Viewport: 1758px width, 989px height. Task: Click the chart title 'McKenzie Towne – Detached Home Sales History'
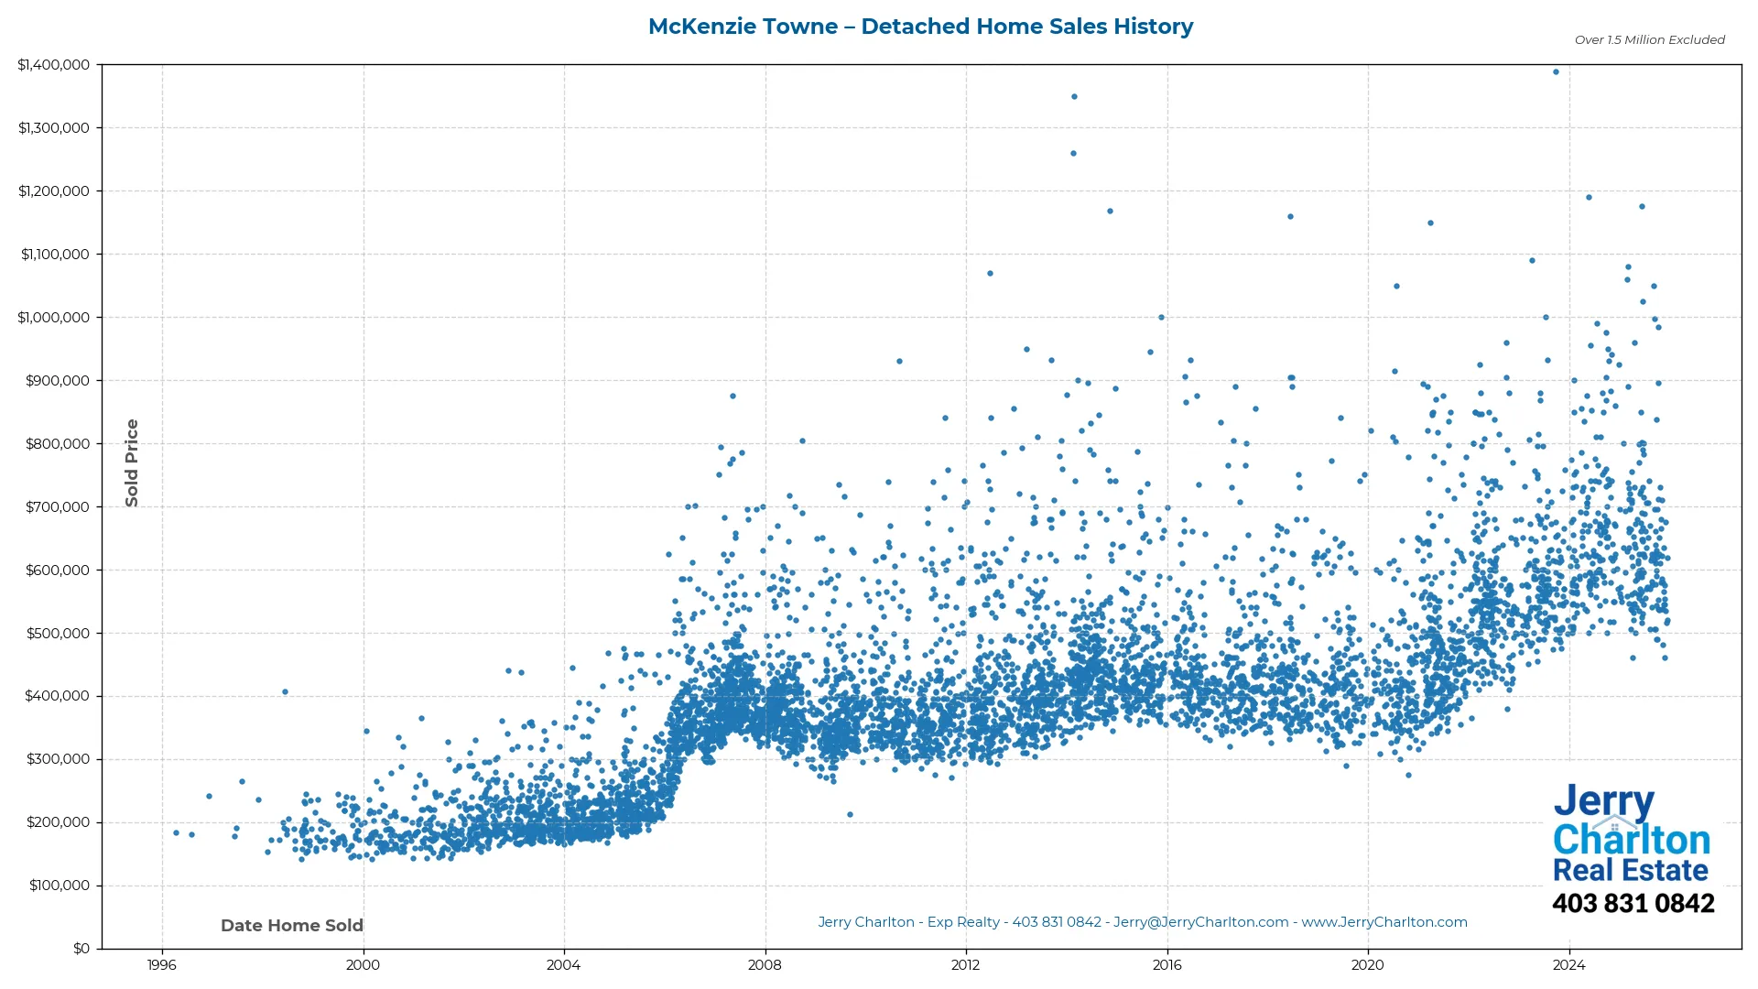pos(920,27)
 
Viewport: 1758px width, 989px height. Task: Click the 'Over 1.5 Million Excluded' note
pos(1649,40)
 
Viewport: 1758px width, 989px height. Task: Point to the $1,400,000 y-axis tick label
pos(54,65)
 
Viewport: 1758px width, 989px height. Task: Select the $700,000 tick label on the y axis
pos(58,507)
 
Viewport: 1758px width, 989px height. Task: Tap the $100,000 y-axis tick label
pos(60,886)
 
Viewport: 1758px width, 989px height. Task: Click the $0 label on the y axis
pos(81,949)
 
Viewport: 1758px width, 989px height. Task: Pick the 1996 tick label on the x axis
pos(162,965)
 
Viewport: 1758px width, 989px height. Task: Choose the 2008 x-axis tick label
pos(765,965)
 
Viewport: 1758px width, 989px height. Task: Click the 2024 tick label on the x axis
pos(1569,965)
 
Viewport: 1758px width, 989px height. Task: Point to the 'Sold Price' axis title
pos(132,462)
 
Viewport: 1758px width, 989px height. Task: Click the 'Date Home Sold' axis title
pos(292,926)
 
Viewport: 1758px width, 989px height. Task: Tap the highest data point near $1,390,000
pos(1556,72)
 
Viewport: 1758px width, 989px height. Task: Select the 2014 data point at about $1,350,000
pos(1074,97)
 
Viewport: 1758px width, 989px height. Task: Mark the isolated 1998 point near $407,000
pos(285,692)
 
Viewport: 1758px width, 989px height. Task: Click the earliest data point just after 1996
pos(177,833)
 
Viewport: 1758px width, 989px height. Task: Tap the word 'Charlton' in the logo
pos(1632,840)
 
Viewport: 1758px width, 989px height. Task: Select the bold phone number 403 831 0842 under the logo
pos(1633,904)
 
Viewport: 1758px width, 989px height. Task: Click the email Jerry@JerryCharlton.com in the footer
pos(1200,922)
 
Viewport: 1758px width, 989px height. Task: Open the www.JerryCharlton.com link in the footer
pos(1384,922)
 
